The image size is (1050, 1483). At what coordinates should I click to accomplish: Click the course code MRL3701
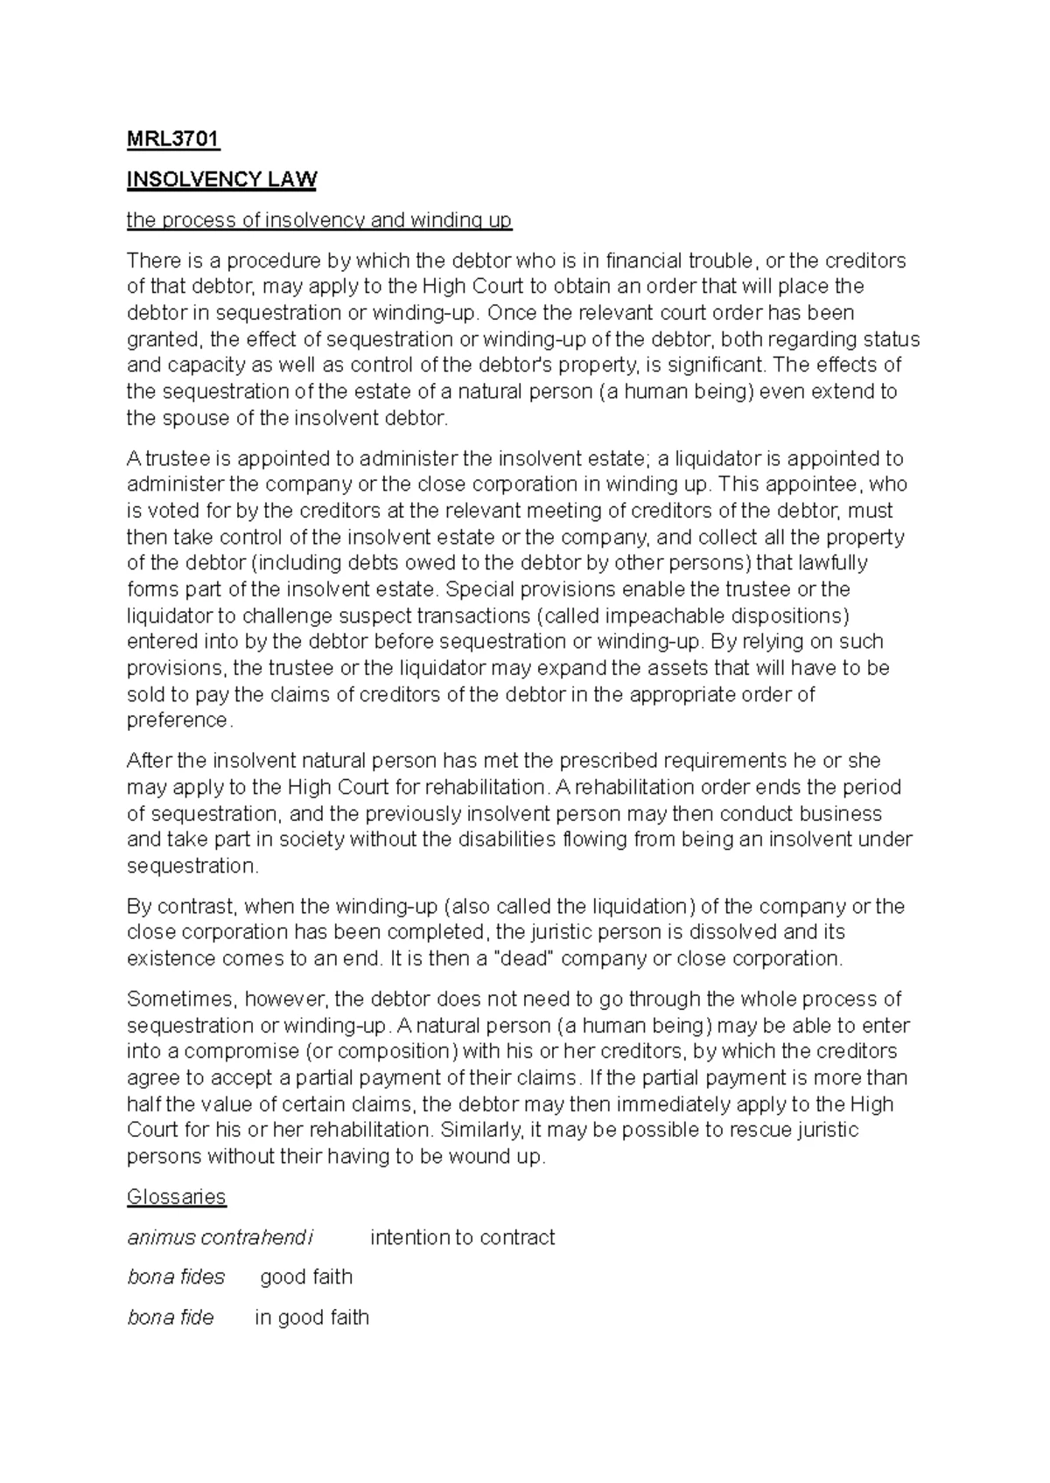coord(173,139)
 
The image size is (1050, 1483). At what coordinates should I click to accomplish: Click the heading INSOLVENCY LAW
coord(221,180)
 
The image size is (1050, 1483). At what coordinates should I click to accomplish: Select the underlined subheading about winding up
coord(319,220)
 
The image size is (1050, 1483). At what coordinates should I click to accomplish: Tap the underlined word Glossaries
coord(176,1197)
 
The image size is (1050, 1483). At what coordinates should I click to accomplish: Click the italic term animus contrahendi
coord(220,1237)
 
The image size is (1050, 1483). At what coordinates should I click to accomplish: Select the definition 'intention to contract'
coord(462,1237)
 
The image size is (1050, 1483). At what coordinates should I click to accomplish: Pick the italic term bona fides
coord(176,1278)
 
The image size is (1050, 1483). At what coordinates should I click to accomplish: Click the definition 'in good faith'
coord(311,1318)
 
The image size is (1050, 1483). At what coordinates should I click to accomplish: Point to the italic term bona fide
coord(171,1318)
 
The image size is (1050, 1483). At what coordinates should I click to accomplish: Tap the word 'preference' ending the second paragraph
coord(178,721)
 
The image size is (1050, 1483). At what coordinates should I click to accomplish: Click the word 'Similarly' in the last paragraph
coord(479,1130)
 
